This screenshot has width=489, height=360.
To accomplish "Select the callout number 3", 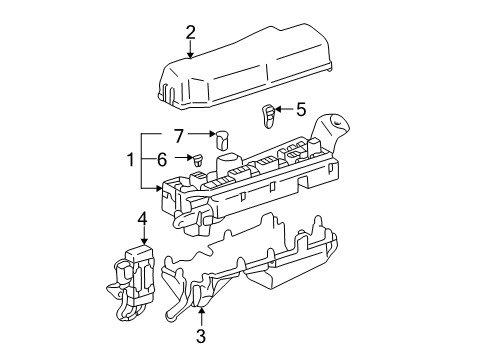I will pos(201,338).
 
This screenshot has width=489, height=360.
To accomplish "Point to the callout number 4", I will pos(142,217).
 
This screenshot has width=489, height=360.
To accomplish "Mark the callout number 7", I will pos(179,133).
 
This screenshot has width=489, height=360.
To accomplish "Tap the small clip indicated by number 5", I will pos(269,114).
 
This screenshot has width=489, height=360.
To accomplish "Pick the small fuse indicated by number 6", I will pos(200,158).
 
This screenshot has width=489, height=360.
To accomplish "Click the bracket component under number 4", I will pos(136,275).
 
